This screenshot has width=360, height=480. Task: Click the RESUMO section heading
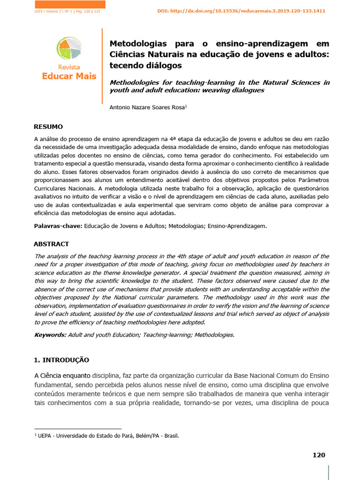click(48, 127)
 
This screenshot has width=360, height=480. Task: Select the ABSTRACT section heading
click(51, 244)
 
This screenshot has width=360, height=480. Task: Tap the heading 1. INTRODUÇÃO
click(61, 360)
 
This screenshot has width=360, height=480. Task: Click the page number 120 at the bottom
click(319, 455)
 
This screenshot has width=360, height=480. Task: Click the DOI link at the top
click(241, 11)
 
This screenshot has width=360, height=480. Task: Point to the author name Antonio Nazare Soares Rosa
click(148, 107)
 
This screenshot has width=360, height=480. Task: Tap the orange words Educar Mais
click(69, 76)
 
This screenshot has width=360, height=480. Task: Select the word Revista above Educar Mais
click(69, 67)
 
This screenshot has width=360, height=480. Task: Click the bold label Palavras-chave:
click(58, 226)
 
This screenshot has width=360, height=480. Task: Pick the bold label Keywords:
click(51, 335)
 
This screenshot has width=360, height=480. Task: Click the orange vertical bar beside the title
click(102, 66)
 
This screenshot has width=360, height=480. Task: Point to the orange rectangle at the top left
click(70, 4)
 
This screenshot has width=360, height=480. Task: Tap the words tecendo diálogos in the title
click(145, 65)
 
